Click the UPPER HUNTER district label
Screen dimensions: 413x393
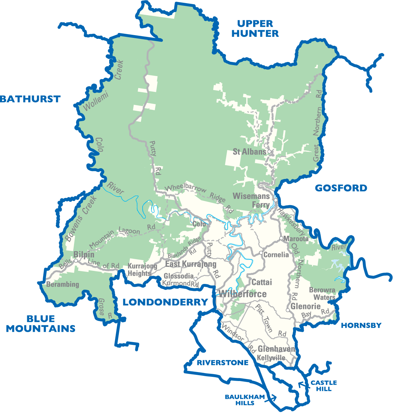click(x=255, y=29)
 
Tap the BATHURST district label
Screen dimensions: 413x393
click(x=30, y=99)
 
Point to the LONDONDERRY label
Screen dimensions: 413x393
click(x=165, y=302)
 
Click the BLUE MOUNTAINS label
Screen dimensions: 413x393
click(x=41, y=324)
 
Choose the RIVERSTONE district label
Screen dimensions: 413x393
click(x=223, y=363)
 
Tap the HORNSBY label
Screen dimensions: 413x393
click(x=361, y=325)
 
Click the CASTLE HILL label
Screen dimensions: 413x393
click(x=323, y=386)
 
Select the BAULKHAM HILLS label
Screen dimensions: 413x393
click(x=245, y=400)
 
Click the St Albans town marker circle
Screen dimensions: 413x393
click(x=269, y=151)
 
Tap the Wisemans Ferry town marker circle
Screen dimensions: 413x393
click(x=276, y=200)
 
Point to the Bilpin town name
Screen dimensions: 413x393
click(x=84, y=255)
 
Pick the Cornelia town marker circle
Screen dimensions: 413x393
click(x=261, y=253)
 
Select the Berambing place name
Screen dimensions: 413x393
click(x=63, y=285)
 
